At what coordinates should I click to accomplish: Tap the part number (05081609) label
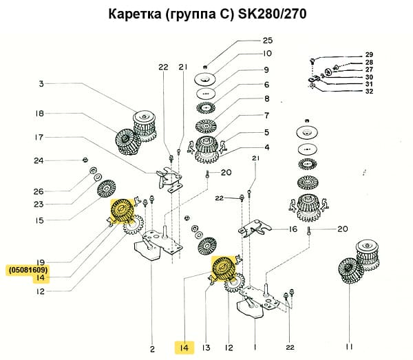click(28, 270)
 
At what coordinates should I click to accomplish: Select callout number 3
click(41, 84)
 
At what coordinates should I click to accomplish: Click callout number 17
click(41, 137)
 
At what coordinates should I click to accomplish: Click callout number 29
click(369, 54)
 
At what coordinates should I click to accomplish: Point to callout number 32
click(369, 91)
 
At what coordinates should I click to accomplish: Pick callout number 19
click(41, 262)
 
